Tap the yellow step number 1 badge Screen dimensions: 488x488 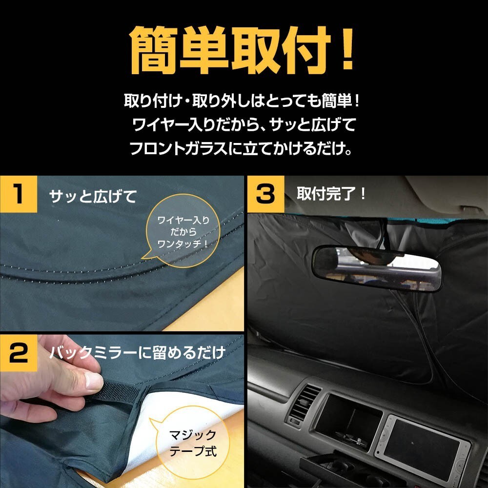(x=19, y=194)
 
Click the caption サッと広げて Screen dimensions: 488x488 (x=93, y=197)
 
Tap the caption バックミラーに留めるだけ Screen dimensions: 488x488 (x=137, y=353)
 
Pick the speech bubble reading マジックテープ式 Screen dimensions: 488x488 (x=191, y=441)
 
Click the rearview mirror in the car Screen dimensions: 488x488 (x=376, y=267)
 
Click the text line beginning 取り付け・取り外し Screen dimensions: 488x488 (x=243, y=103)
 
